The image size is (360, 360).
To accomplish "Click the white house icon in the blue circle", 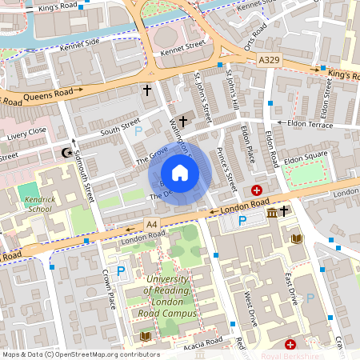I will pos(180,173).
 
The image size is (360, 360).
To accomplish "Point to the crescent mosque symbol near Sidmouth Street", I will pos(66,152).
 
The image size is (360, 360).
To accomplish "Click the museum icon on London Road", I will pos(272,212).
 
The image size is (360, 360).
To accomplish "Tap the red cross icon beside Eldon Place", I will pos(257,190).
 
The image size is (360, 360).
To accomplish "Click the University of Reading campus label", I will pos(168,295).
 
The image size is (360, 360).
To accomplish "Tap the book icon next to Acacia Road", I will pos(146,336).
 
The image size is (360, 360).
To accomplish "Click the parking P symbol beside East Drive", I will pos(310,298).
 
